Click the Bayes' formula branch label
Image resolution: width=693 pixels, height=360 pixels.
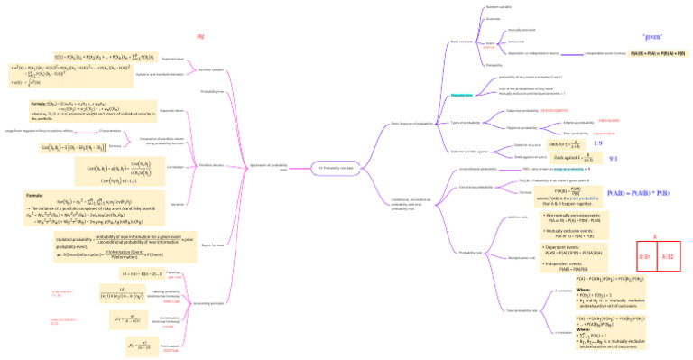[212, 244]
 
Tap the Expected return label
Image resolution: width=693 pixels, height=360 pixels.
[172, 112]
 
